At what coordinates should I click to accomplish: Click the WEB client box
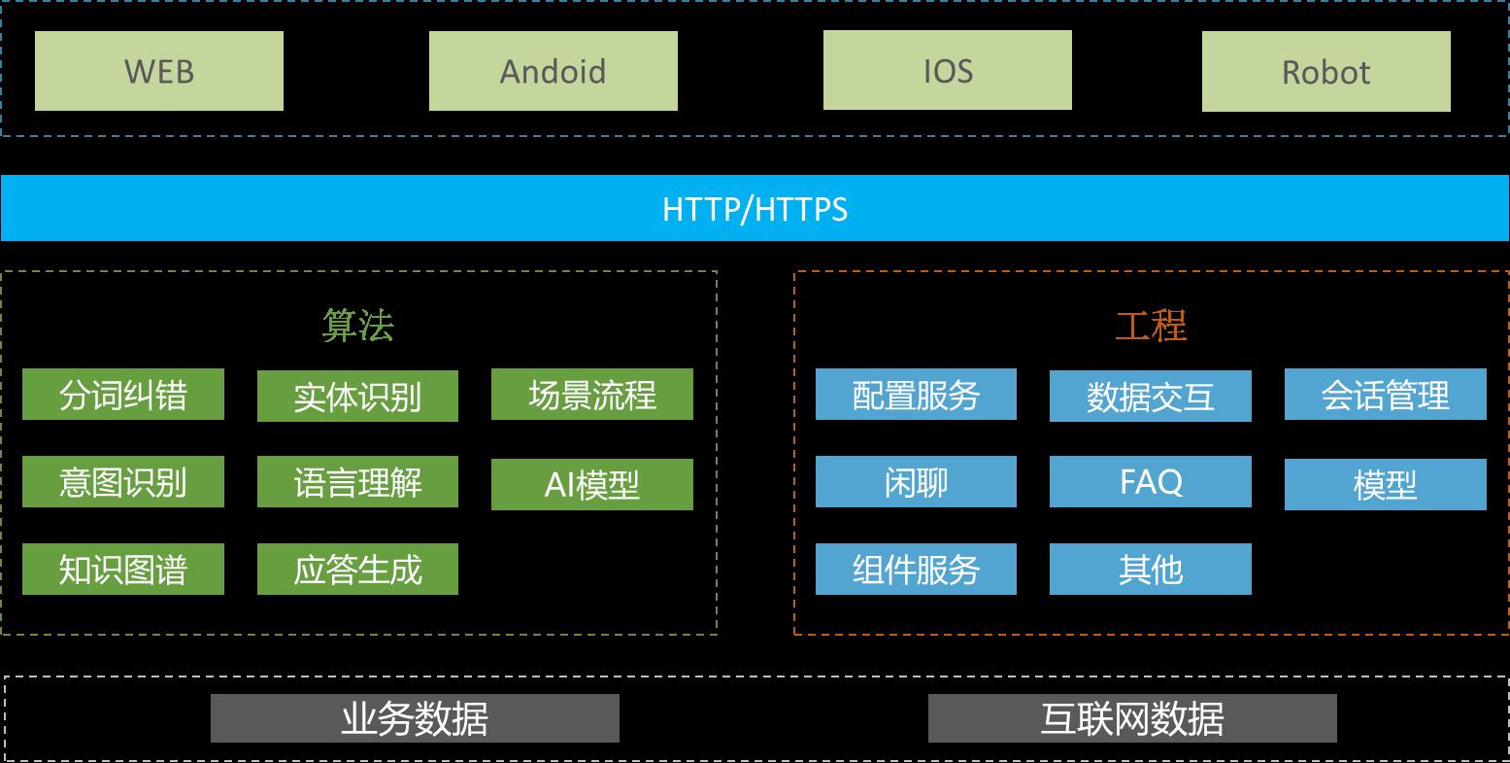159,71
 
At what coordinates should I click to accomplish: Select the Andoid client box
554,71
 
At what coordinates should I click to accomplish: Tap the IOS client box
948,70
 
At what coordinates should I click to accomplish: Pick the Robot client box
1326,72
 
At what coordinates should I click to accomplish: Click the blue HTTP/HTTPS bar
755,208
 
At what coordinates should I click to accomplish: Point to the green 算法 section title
358,327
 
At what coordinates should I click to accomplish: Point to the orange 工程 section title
1151,327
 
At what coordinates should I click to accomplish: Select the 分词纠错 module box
123,395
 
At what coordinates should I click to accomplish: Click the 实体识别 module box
357,397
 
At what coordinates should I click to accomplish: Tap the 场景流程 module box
592,395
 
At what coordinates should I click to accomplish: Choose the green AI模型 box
592,484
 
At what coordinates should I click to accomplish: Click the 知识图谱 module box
123,569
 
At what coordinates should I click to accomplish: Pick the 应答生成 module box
357,569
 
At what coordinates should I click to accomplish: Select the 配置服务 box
916,395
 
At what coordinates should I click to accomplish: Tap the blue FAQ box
1151,482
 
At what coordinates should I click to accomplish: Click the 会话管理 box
1386,395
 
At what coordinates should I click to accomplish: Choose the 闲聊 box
916,482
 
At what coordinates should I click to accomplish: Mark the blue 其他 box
1151,569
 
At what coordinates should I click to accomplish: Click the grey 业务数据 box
415,718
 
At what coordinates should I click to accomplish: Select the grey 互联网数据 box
1132,718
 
